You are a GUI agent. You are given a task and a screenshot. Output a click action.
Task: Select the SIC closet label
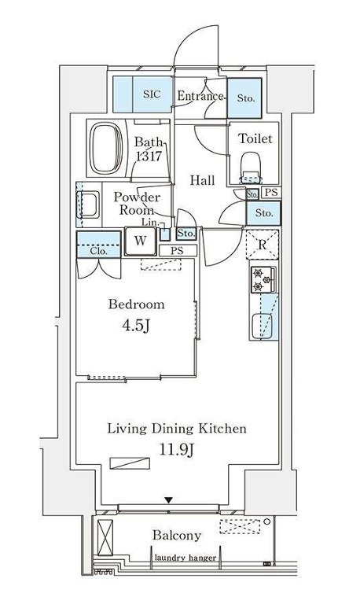pyautogui.click(x=152, y=94)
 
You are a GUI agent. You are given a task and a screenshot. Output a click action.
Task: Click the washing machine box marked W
pyautogui.click(x=141, y=241)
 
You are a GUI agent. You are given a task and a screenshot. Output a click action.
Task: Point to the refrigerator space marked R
pyautogui.click(x=263, y=245)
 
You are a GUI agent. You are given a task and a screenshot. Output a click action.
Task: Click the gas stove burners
pyautogui.click(x=262, y=279)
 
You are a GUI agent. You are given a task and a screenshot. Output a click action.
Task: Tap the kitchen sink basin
pyautogui.click(x=263, y=326)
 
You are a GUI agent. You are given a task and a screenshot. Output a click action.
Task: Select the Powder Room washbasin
pyautogui.click(x=87, y=205)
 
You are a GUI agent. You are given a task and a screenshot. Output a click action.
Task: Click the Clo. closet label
pyautogui.click(x=98, y=251)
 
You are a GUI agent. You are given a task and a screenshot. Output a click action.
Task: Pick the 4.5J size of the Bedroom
pyautogui.click(x=136, y=326)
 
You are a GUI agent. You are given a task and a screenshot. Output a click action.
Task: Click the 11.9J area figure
pyautogui.click(x=177, y=450)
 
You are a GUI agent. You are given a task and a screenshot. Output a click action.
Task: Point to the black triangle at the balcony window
pyautogui.click(x=169, y=500)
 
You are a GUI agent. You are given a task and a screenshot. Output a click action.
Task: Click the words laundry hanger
pyautogui.click(x=186, y=558)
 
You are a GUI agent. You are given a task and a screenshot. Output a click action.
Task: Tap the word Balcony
pyautogui.click(x=177, y=536)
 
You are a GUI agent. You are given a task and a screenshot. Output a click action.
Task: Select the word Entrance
pyautogui.click(x=200, y=95)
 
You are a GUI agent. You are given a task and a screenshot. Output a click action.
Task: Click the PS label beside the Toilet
pyautogui.click(x=271, y=192)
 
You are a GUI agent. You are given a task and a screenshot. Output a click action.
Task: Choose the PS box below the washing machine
pyautogui.click(x=178, y=251)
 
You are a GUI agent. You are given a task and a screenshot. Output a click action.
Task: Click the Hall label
pyautogui.click(x=203, y=180)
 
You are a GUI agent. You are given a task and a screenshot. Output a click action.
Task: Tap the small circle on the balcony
pyautogui.click(x=267, y=521)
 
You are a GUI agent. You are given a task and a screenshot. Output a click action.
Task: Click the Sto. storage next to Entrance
pyautogui.click(x=244, y=98)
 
